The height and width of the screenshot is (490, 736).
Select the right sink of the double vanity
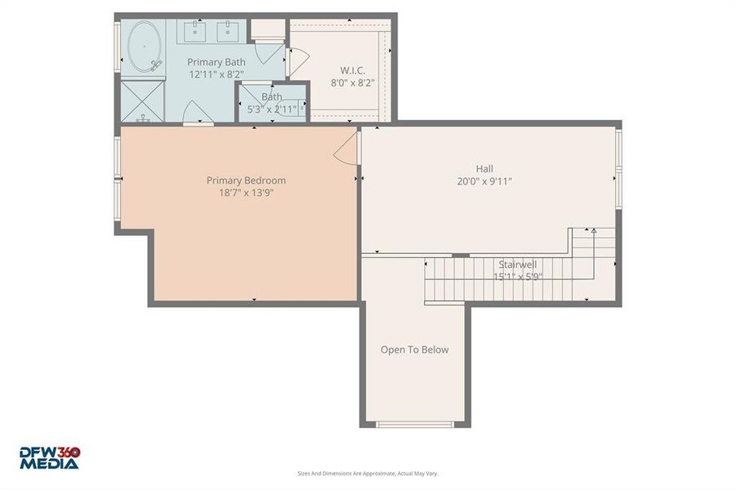228,33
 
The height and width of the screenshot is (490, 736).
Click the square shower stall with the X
144,100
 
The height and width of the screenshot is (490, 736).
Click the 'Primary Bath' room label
216,62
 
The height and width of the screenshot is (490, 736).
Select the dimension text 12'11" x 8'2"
216,74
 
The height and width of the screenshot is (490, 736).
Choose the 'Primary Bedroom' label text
246,180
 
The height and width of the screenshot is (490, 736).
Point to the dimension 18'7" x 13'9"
246,194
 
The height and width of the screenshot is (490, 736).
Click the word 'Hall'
484,169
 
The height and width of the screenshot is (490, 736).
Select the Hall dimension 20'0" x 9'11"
484,182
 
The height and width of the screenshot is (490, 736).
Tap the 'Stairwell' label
518,265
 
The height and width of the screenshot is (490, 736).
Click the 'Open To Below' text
414,350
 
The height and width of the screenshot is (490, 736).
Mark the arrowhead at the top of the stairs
594,232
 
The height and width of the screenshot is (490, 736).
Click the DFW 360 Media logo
50,457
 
